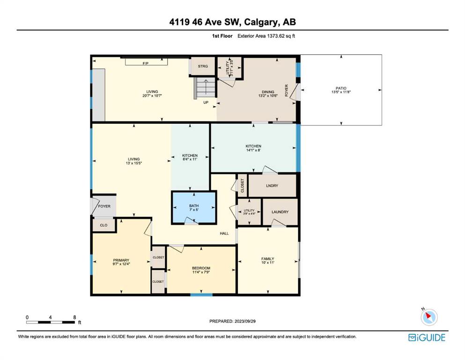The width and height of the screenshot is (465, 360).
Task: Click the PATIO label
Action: [x=341, y=88]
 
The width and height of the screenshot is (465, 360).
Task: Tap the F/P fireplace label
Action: [x=145, y=63]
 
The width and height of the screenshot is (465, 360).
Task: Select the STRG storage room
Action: [x=203, y=66]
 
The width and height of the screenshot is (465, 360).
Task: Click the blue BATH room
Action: [x=194, y=208]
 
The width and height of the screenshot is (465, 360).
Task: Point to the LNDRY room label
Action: [x=272, y=186]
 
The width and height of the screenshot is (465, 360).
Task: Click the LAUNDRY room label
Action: [x=280, y=212]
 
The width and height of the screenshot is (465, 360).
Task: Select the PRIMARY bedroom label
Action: [x=121, y=260]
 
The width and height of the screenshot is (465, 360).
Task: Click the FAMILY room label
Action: [x=267, y=259]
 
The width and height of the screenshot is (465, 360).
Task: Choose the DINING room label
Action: [x=268, y=92]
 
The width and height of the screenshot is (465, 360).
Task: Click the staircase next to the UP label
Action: [x=205, y=88]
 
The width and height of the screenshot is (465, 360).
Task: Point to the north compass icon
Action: [x=429, y=317]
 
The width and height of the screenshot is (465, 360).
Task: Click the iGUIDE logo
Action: [x=427, y=338]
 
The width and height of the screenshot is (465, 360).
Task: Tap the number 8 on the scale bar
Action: [x=75, y=317]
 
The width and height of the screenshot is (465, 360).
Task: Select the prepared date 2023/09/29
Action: [x=244, y=321]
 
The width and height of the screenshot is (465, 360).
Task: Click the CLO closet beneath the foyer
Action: [x=103, y=225]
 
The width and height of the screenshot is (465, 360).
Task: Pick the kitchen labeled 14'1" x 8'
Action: [x=253, y=148]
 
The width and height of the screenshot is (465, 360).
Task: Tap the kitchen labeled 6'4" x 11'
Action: [x=190, y=157]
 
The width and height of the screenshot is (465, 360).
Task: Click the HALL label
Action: [x=224, y=233]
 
